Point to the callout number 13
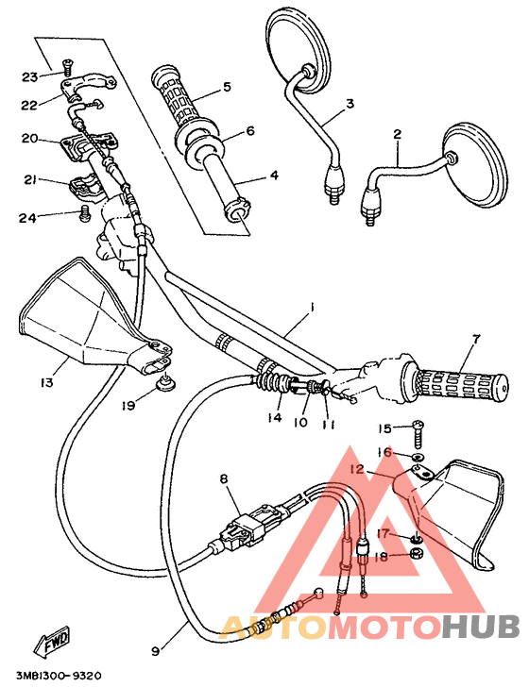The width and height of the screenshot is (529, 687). pos(46,382)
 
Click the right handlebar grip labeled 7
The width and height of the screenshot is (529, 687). pos(454,382)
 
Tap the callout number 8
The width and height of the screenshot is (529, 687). pos(224,479)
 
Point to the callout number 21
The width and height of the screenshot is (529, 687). pos(29,179)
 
